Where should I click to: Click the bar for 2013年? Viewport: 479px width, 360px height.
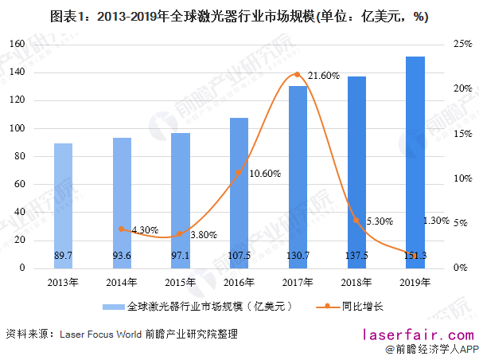63,205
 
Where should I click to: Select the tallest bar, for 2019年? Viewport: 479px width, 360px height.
415,162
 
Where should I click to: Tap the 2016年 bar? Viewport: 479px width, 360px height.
240,194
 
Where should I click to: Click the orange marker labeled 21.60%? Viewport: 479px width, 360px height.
297,74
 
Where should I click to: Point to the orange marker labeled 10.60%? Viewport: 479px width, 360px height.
239,173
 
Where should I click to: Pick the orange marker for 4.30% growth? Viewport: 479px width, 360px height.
121,229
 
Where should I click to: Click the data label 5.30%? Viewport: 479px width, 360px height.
380,221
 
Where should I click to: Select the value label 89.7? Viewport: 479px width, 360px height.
63,255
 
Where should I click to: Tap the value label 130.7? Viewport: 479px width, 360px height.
298,255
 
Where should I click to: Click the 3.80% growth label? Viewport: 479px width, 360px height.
204,235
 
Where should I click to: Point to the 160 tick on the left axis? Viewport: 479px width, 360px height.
17,44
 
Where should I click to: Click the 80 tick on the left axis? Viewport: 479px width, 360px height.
20,156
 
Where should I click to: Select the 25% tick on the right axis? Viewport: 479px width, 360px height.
463,44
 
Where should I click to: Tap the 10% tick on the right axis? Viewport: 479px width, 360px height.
463,178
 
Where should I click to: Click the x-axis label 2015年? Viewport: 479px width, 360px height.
181,282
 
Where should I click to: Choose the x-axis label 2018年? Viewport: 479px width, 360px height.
356,282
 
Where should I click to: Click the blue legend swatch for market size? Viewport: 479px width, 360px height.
113,307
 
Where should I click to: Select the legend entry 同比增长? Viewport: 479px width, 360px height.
362,306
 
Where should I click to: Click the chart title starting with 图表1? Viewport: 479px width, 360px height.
240,17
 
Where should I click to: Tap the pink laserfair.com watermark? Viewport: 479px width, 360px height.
419,335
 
